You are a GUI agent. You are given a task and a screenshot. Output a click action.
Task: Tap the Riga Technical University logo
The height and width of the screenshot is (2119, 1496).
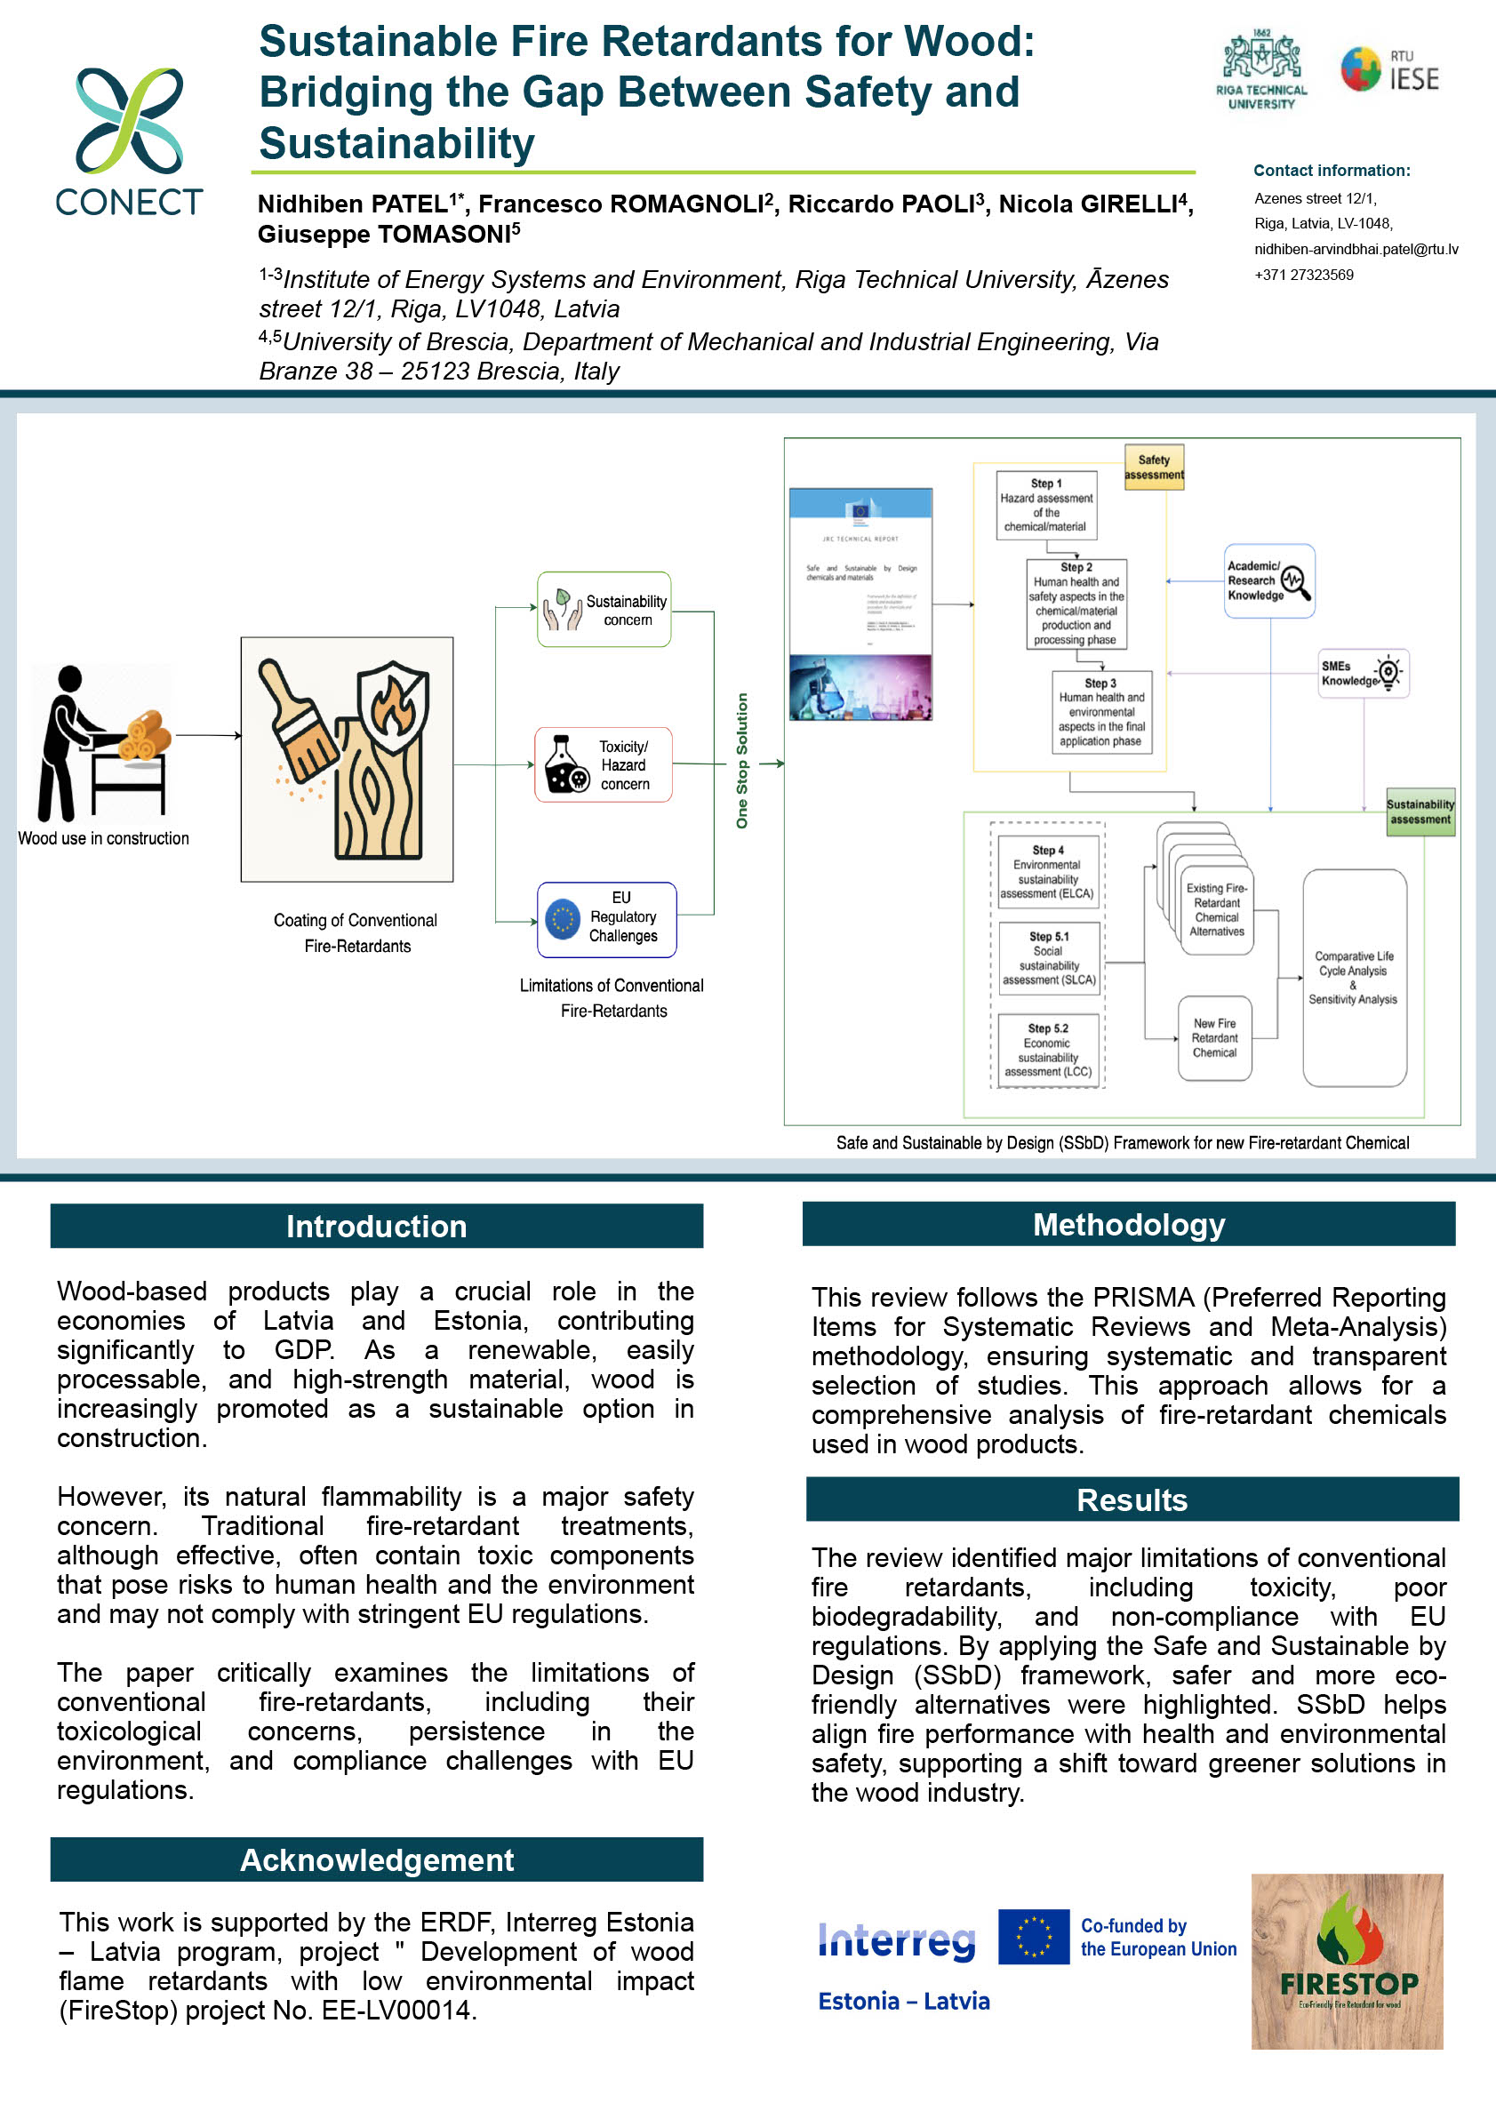tap(1260, 70)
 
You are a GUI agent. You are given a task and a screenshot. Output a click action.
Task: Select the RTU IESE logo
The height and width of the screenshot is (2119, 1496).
tap(1389, 70)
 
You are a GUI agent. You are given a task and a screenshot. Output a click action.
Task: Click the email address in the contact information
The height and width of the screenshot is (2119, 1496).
tap(1356, 249)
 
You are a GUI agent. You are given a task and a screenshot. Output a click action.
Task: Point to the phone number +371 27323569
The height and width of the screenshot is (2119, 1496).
tap(1303, 275)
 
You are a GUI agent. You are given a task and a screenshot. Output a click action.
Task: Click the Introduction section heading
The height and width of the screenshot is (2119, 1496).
tap(377, 1226)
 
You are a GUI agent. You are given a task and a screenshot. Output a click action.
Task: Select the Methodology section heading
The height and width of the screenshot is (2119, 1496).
tap(1129, 1224)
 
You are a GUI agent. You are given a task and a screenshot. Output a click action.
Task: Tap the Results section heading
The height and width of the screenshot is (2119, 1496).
tap(1132, 1499)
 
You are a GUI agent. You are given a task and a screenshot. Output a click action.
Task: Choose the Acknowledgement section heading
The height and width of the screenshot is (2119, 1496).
tap(377, 1859)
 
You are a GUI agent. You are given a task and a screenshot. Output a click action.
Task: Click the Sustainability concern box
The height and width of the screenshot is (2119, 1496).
tap(604, 610)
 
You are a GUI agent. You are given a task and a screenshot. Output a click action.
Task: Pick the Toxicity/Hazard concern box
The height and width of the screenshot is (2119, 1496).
tap(604, 765)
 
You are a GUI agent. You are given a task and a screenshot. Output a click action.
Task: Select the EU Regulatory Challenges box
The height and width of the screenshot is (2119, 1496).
tap(606, 919)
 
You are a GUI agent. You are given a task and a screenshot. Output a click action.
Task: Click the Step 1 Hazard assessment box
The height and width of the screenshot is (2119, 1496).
tap(1046, 505)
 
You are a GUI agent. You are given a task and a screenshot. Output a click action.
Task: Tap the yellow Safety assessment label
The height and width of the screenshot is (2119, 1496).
tap(1154, 467)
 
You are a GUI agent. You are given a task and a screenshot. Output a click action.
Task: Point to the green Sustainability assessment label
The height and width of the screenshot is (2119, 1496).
tap(1420, 812)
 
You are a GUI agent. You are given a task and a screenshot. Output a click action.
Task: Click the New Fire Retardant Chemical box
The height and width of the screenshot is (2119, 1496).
tap(1214, 1038)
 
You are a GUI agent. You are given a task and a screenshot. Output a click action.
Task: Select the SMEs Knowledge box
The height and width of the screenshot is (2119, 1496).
tap(1362, 674)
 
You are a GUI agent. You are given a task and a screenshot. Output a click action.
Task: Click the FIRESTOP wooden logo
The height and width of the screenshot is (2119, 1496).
tap(1347, 1962)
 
